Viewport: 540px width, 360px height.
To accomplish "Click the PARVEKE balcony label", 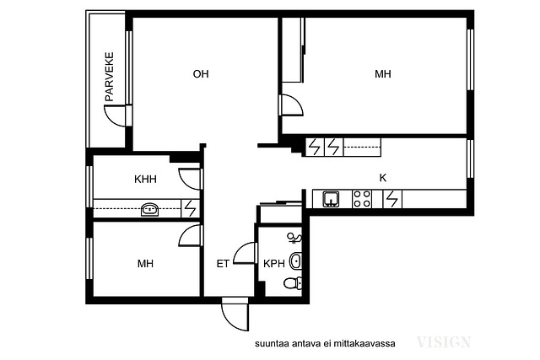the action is point(110,77).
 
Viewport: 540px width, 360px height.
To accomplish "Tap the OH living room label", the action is point(201,74).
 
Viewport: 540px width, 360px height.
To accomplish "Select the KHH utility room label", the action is point(145,179).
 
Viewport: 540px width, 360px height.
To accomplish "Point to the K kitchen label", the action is point(382,178).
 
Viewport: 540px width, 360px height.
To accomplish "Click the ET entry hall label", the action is point(223,264).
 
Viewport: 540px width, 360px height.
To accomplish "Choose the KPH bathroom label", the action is point(274,264).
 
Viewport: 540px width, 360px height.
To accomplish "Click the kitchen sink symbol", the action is point(331,199).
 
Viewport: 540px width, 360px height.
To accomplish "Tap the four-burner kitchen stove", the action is point(362,199).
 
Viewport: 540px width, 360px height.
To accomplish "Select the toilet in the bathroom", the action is point(293,283).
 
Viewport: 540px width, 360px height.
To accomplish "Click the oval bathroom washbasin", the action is point(296,261).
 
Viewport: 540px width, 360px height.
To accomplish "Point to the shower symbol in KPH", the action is point(294,238).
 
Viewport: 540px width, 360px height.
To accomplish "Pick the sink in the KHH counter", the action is point(150,209).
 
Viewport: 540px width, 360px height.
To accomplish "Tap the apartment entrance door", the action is point(235,315).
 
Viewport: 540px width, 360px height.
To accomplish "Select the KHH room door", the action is point(190,179).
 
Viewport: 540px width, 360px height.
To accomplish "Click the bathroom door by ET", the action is point(246,253).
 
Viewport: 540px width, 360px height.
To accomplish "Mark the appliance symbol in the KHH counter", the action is point(191,208).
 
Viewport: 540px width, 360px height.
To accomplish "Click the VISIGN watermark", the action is point(444,342).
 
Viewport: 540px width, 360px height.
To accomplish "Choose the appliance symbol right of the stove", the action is point(392,199).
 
